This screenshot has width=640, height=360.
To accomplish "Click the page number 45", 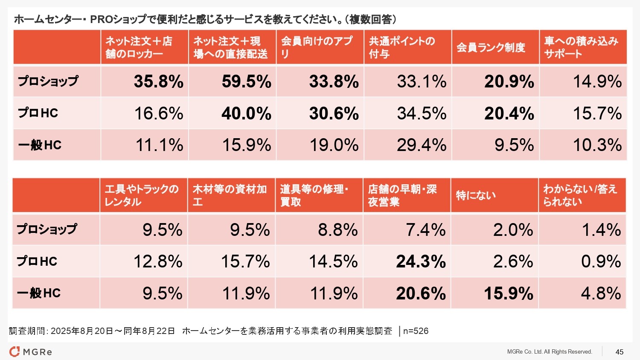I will [x=619, y=352].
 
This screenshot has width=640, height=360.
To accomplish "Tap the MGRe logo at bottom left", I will [x=31, y=352].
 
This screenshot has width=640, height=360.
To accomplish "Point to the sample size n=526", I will [x=416, y=331].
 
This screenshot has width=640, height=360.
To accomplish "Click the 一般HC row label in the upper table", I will [x=40, y=145].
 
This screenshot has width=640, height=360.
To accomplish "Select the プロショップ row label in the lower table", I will [x=47, y=229].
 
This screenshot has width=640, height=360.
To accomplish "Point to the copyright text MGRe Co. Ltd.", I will [x=550, y=352].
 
